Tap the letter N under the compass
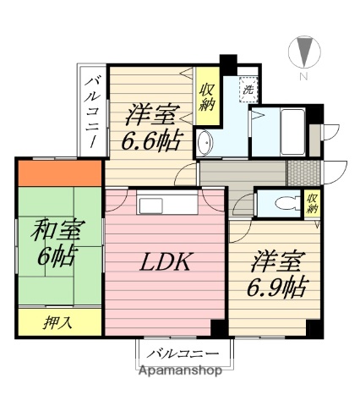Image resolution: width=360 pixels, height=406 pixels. coord(303,77)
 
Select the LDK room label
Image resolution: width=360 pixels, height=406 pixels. coord(164,262)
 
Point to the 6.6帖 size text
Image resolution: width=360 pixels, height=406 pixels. coord(151,140)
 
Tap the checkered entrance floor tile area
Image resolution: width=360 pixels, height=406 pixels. coord(299,173)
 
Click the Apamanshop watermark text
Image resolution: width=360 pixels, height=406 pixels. coord(180,370)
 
